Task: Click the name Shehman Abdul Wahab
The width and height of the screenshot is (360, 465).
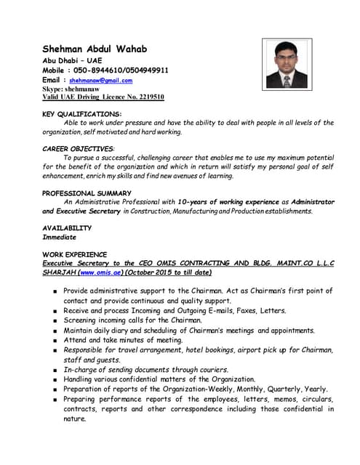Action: [95, 49]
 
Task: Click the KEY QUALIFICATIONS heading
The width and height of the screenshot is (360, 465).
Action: [82, 114]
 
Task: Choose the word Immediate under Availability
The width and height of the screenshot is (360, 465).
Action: [59, 237]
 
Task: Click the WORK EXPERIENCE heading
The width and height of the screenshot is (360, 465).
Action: [75, 254]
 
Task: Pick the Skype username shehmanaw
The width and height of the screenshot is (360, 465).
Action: [88, 89]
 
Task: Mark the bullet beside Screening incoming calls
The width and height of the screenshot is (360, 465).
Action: [55, 320]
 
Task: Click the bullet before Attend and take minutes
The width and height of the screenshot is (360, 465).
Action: [55, 340]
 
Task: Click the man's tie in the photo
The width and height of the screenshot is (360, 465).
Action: [287, 80]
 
